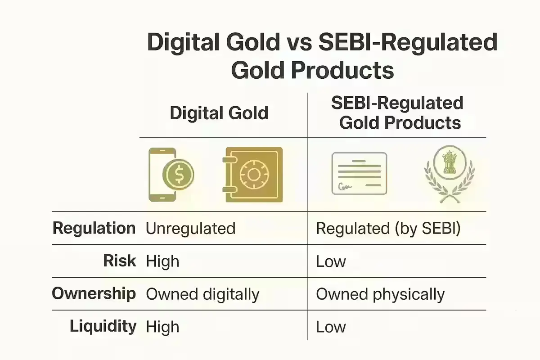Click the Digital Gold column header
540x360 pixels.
click(x=219, y=112)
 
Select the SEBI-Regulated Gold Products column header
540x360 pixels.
click(x=397, y=112)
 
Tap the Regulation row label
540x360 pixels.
click(x=94, y=228)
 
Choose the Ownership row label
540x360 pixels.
click(x=94, y=294)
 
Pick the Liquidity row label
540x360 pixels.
click(x=103, y=327)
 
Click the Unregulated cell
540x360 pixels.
click(x=190, y=228)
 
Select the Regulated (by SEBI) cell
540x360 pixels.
click(x=388, y=228)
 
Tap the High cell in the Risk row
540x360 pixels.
click(x=162, y=261)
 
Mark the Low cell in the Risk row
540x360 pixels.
click(x=331, y=261)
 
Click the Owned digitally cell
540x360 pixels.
click(x=202, y=294)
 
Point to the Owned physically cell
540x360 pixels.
click(x=380, y=294)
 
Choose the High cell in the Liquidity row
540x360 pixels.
click(x=162, y=327)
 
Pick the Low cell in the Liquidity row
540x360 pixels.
click(x=331, y=327)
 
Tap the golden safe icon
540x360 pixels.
click(x=252, y=175)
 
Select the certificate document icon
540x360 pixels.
click(x=359, y=174)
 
